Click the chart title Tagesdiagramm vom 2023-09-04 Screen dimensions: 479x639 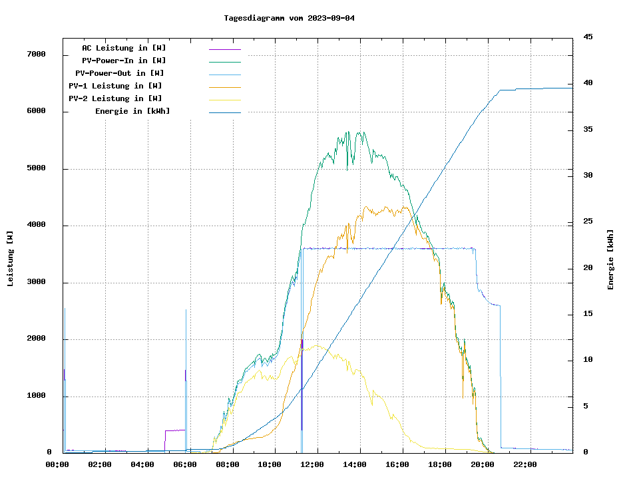click(x=289, y=18)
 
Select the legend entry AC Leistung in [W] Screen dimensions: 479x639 click(x=124, y=48)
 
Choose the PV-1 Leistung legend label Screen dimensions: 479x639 click(x=115, y=86)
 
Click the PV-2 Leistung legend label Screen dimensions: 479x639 click(x=115, y=98)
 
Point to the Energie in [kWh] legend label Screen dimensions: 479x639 click(x=132, y=111)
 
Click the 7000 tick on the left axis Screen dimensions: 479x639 click(x=35, y=55)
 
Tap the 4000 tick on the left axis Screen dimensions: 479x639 click(x=35, y=226)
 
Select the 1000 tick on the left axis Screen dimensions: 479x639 click(x=35, y=397)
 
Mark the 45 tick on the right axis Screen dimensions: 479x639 click(x=588, y=37)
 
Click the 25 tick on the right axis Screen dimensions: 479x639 click(x=588, y=222)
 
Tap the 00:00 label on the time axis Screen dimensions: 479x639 click(x=57, y=464)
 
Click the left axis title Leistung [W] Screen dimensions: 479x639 click(x=11, y=258)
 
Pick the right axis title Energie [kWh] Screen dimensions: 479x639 click(x=610, y=259)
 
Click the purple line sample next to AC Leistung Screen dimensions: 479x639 click(x=224, y=49)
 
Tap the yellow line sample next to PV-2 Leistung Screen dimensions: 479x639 click(x=224, y=100)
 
